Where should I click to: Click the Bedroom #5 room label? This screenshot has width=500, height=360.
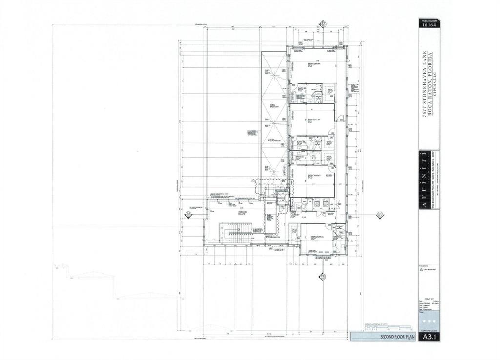pyautogui.click(x=313, y=64)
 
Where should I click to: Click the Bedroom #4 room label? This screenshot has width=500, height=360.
pyautogui.click(x=313, y=120)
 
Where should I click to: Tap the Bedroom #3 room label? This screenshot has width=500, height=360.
pyautogui.click(x=313, y=175)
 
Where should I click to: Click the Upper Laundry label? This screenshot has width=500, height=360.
pyautogui.click(x=294, y=215)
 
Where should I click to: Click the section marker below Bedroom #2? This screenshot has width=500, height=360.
pyautogui.click(x=322, y=277)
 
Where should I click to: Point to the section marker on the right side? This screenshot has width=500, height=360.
pyautogui.click(x=379, y=214)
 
